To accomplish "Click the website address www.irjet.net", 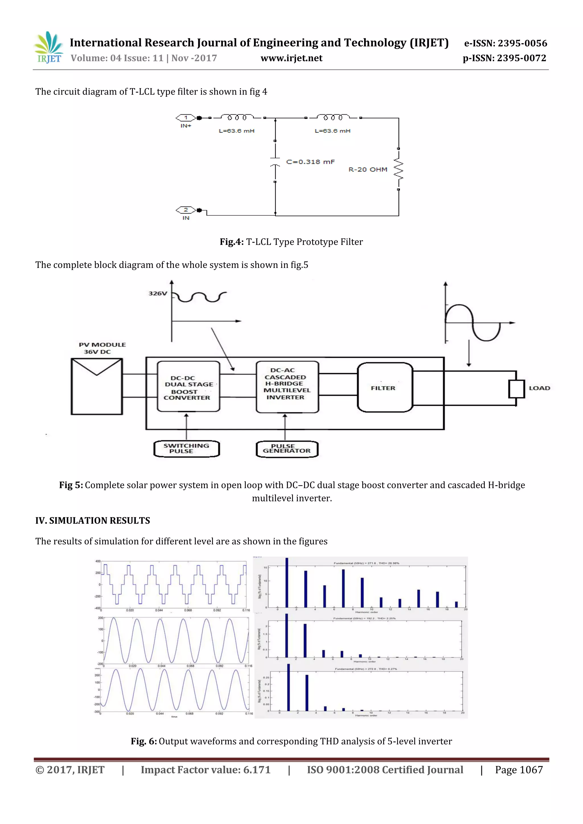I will pos(291,58).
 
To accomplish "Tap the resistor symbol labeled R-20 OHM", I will pos(398,169).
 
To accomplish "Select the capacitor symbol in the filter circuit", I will pos(275,162).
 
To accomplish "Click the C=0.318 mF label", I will pos(310,162).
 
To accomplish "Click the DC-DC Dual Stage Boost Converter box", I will pos(188,387).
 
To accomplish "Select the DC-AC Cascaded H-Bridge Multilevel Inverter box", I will pos(287,387).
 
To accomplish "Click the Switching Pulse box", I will pos(186,449).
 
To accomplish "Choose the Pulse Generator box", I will pos(287,449).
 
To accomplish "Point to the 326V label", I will pos(158,294).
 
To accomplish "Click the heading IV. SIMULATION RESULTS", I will pos(93,521).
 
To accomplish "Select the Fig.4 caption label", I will pos(232,242).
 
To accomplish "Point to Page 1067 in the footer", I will pos(519,770).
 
